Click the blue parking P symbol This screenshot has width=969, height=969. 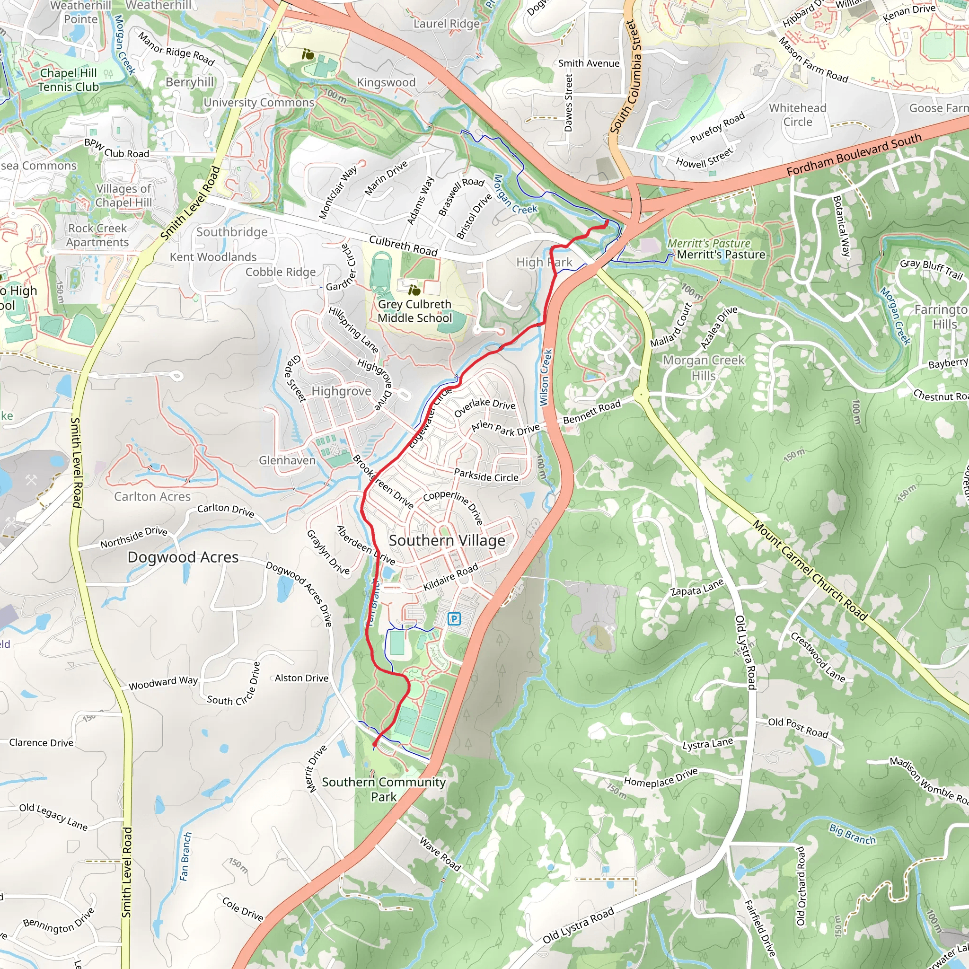tap(453, 619)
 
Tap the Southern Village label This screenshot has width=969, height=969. tap(447, 541)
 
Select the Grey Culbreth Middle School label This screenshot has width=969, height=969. tap(415, 311)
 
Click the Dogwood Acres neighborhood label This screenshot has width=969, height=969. tap(183, 557)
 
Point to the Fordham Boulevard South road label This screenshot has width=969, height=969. tap(854, 155)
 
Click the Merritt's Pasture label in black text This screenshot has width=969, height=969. tap(721, 255)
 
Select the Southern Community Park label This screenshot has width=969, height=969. tap(384, 789)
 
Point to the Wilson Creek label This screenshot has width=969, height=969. tap(546, 377)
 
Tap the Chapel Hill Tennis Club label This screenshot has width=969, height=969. tap(69, 80)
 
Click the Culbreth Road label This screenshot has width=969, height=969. tap(403, 245)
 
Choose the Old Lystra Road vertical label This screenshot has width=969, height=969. tap(745, 652)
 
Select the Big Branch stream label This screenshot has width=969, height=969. tap(852, 834)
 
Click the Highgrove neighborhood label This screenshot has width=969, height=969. tap(341, 391)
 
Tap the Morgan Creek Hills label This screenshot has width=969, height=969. tap(704, 368)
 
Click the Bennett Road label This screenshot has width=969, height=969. tap(591, 411)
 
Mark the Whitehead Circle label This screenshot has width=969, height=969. tap(797, 115)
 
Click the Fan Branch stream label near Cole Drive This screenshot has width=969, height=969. tap(185, 856)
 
